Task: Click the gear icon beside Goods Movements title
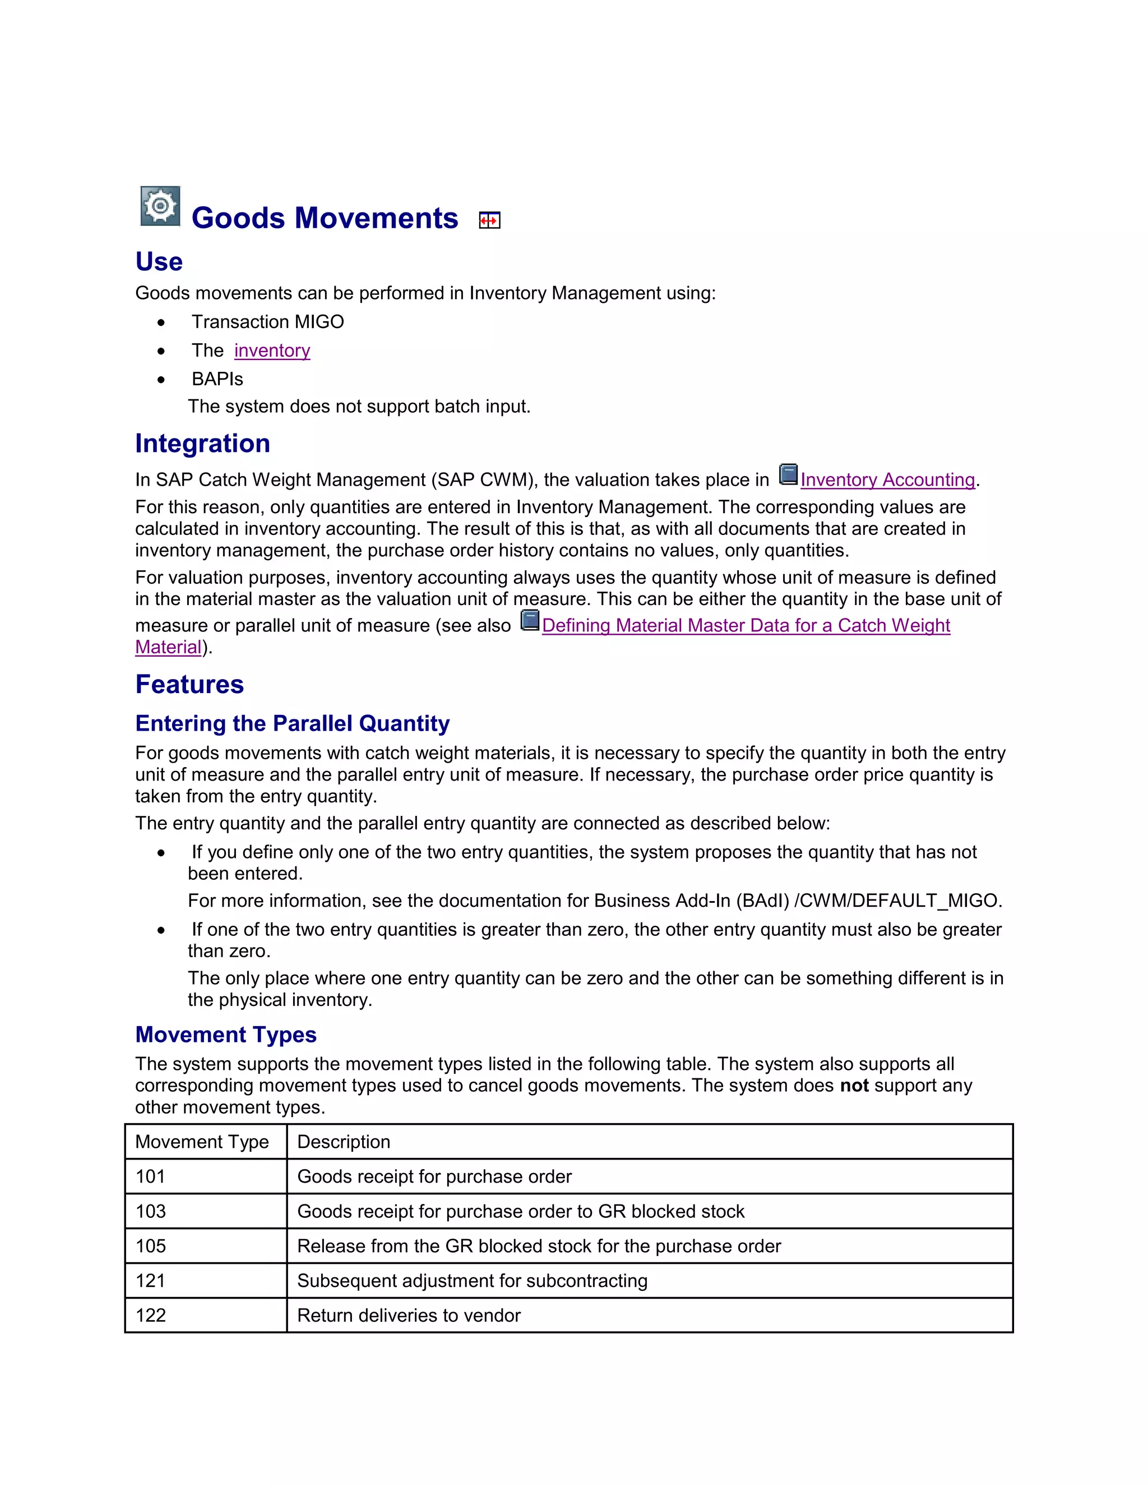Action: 160,205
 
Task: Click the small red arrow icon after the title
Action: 489,220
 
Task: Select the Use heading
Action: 159,262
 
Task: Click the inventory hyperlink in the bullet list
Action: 272,350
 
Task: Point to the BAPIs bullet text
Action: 217,379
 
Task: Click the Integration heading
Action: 203,444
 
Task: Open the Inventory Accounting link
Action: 887,479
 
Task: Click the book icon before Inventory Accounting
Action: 788,474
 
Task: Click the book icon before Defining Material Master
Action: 530,620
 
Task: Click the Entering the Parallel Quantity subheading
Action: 293,723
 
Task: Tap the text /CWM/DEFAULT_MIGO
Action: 898,901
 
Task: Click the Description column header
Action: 344,1142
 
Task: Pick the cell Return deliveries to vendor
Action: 409,1315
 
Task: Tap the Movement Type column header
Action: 202,1142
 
